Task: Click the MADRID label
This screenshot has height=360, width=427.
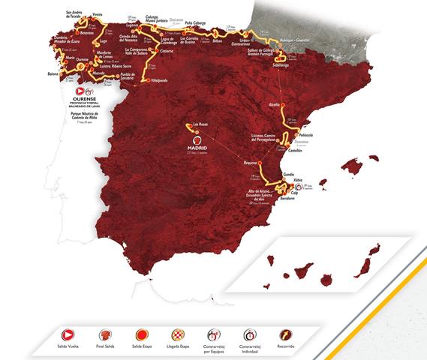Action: pyautogui.click(x=197, y=148)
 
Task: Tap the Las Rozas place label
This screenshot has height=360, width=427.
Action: pyautogui.click(x=200, y=124)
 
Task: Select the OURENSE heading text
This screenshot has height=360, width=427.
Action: pyautogui.click(x=89, y=97)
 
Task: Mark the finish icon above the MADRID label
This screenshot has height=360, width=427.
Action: pyautogui.click(x=197, y=138)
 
